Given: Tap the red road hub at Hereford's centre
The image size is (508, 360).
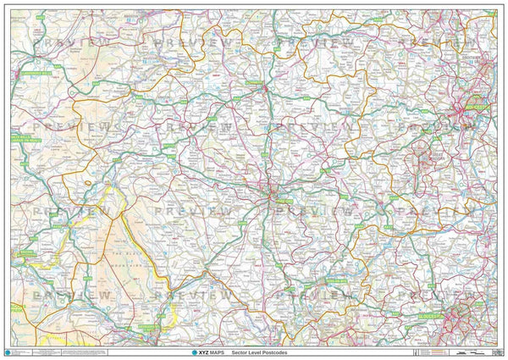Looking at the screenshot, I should pyautogui.click(x=272, y=193).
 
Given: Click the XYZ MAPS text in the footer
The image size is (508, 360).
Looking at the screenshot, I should pyautogui.click(x=189, y=351).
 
